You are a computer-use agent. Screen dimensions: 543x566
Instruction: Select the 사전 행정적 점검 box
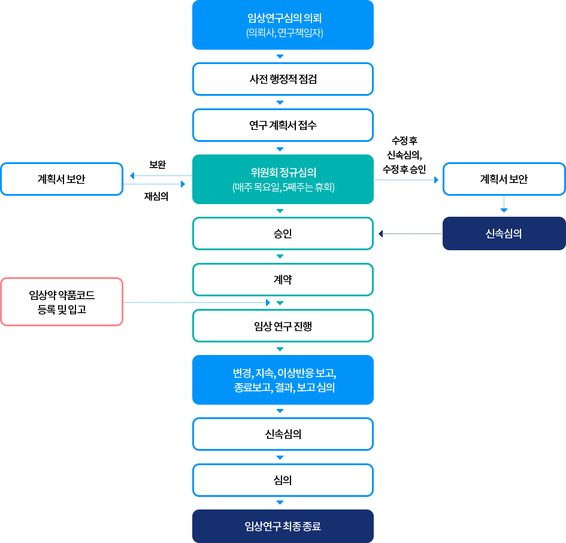pyautogui.click(x=283, y=79)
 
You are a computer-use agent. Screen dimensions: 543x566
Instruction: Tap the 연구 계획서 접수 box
pyautogui.click(x=283, y=125)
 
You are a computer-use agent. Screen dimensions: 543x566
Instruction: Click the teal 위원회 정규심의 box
pyautogui.click(x=283, y=179)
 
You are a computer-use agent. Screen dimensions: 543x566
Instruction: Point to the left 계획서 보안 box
pyautogui.click(x=62, y=179)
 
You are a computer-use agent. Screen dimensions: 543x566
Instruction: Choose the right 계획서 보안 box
pyautogui.click(x=504, y=179)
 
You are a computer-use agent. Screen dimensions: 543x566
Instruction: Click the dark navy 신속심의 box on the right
pyautogui.click(x=504, y=233)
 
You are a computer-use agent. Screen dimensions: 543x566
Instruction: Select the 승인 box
pyautogui.click(x=283, y=233)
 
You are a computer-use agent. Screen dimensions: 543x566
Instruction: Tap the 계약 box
pyautogui.click(x=283, y=280)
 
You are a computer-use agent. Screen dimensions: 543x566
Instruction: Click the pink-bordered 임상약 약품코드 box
pyautogui.click(x=62, y=302)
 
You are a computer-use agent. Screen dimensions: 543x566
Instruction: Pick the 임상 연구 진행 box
pyautogui.click(x=283, y=326)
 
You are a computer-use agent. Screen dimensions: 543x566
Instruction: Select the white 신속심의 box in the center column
pyautogui.click(x=283, y=434)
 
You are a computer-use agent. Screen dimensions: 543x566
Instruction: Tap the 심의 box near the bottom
pyautogui.click(x=283, y=480)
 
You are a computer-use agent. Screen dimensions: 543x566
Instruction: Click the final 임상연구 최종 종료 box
pyautogui.click(x=283, y=526)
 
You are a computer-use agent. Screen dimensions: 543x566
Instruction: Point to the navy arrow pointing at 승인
pyautogui.click(x=410, y=233)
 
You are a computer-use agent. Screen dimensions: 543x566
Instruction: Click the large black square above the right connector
pyautogui.click(x=404, y=154)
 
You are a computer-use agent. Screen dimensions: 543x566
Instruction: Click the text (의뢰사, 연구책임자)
pyautogui.click(x=283, y=32)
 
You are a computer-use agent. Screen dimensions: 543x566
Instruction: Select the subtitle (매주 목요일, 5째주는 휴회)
pyautogui.click(x=283, y=187)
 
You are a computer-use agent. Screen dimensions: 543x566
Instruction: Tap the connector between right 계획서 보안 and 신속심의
pyautogui.click(x=504, y=205)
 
